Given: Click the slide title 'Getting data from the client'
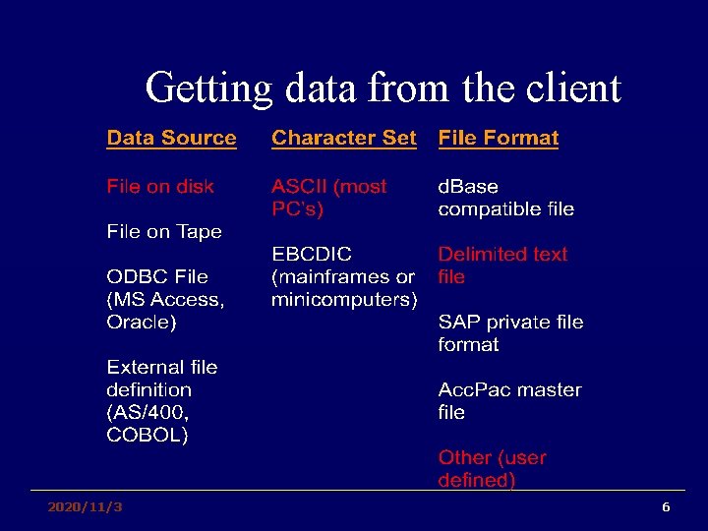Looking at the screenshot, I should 383,88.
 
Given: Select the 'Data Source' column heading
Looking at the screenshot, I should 171,139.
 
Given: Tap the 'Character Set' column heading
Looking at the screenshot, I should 343,139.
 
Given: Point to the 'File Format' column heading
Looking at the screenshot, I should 498,139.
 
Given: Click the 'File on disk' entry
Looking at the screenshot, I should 160,186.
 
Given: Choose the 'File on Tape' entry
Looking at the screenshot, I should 164,231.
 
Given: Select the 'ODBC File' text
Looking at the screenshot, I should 156,276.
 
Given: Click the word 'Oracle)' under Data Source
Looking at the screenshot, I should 142,322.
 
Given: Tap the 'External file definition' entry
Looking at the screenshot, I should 161,378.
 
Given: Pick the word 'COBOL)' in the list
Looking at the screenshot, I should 147,435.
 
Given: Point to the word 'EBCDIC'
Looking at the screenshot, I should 312,254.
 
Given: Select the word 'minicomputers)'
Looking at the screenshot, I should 344,299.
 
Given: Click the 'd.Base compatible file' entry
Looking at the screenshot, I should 505,198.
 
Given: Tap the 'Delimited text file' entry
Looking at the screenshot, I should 501,265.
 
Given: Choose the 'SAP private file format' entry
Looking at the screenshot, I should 509,333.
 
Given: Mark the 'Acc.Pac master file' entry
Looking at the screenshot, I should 508,401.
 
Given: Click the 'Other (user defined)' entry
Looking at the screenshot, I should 491,469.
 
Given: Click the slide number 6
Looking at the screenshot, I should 666,507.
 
